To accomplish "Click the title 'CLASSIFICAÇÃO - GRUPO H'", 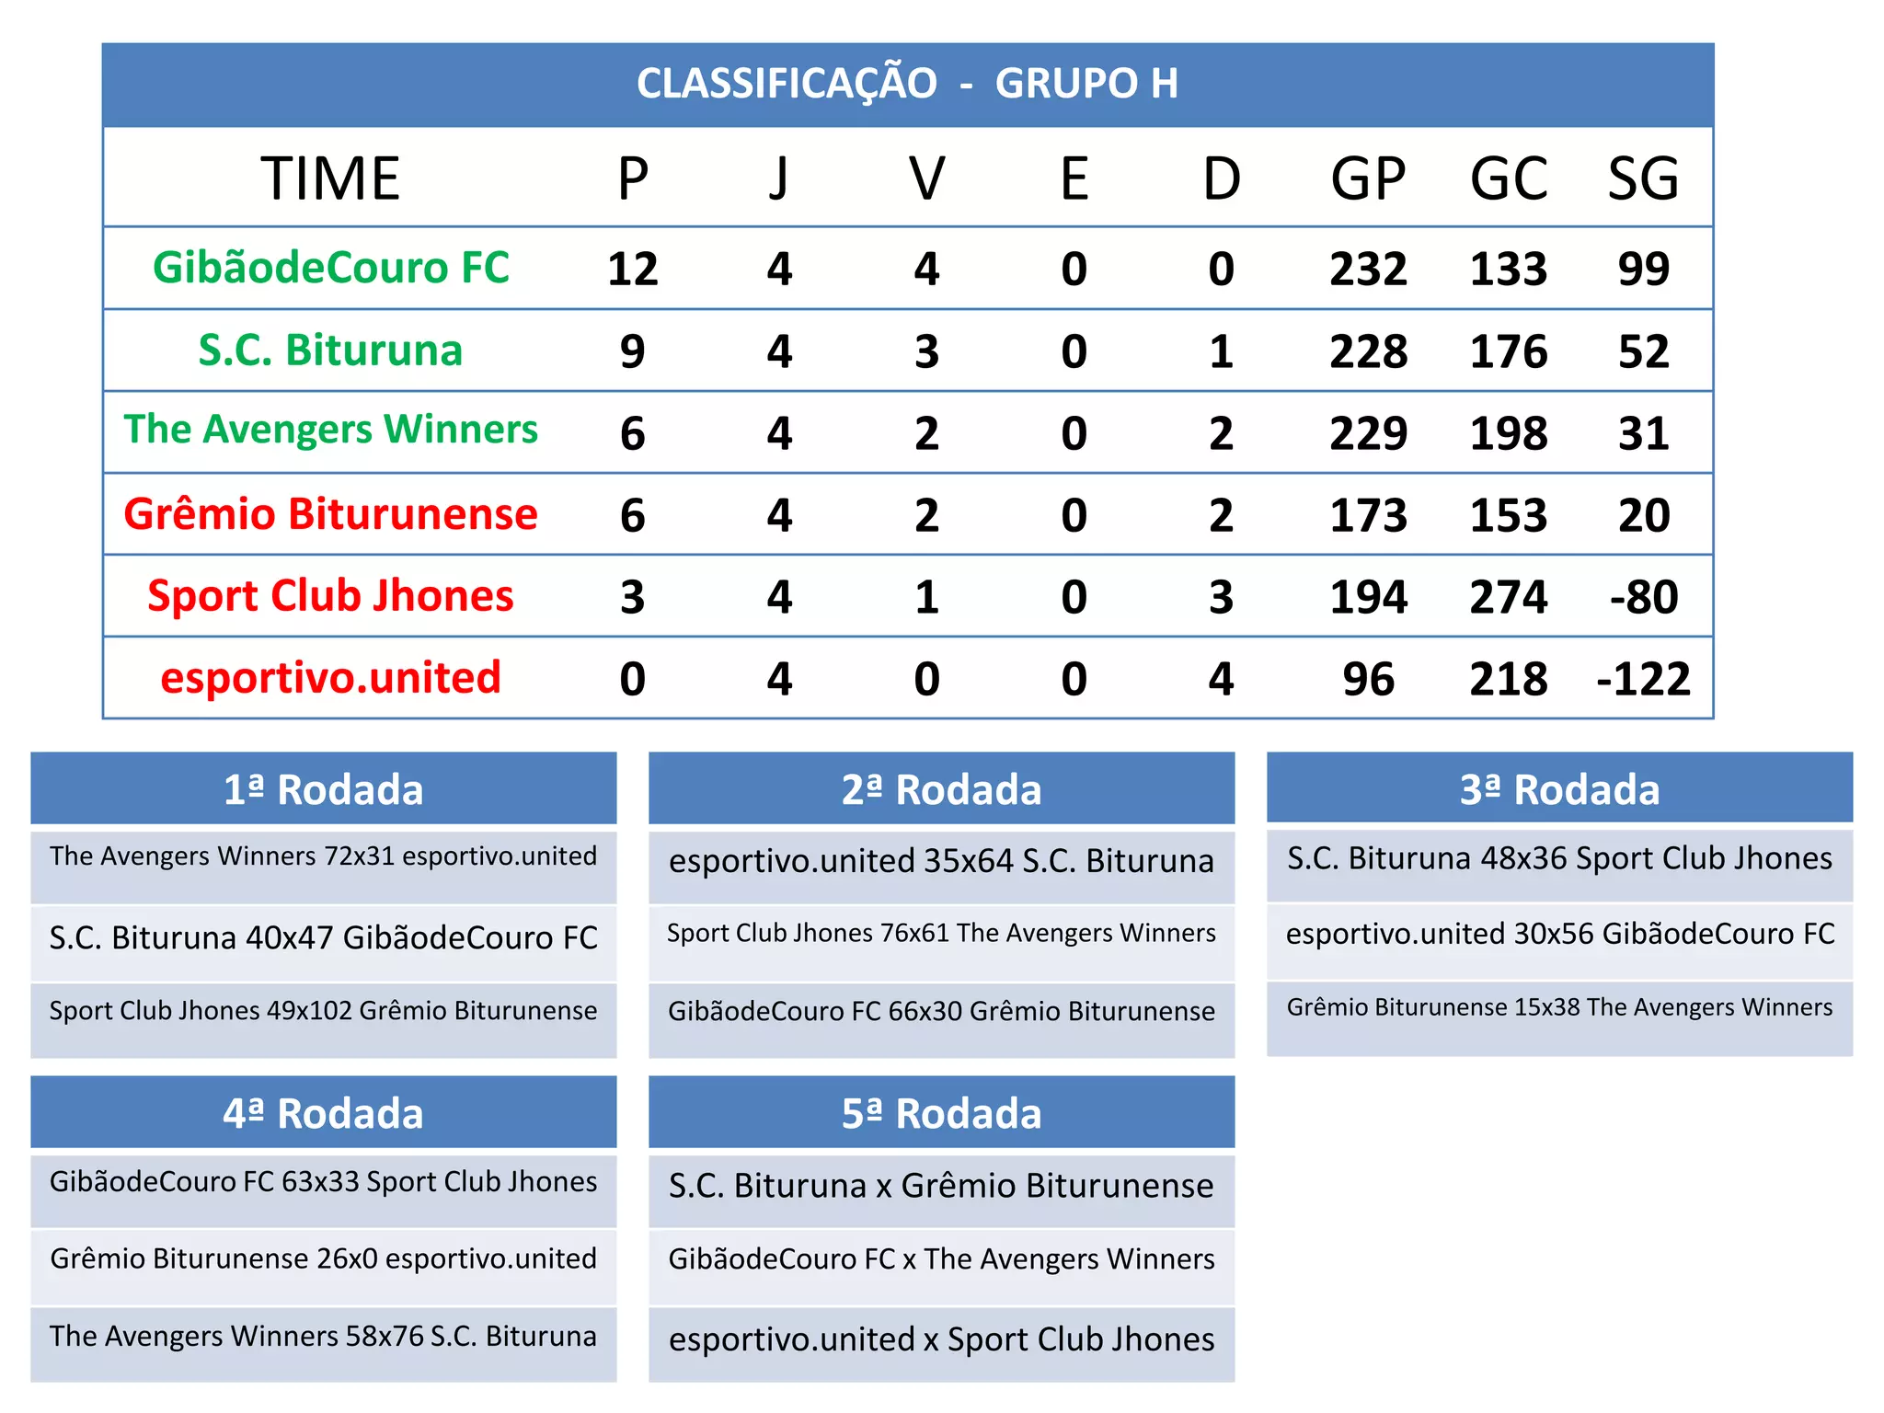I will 907,84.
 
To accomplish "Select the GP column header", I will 1368,178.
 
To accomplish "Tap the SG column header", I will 1643,178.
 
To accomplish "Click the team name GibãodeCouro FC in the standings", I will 331,268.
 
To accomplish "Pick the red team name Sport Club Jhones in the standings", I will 330,596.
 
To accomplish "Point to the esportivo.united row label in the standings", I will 330,678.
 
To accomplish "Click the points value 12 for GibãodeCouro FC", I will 633,269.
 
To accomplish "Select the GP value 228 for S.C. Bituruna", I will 1368,351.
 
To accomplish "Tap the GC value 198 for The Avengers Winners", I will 1509,433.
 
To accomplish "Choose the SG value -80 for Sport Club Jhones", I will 1644,597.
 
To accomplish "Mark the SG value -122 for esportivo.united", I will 1644,679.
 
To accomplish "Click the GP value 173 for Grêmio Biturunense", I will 1368,515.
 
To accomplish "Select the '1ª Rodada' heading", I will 324,789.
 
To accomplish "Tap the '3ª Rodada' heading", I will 1559,789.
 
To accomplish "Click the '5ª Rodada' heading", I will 941,1113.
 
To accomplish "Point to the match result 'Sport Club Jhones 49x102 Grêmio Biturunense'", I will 324,1010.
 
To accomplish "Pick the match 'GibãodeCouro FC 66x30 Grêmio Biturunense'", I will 941,1011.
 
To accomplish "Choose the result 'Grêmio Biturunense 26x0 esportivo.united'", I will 324,1258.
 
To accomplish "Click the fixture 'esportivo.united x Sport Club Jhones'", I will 941,1339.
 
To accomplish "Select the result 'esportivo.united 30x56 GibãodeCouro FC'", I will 1559,934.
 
